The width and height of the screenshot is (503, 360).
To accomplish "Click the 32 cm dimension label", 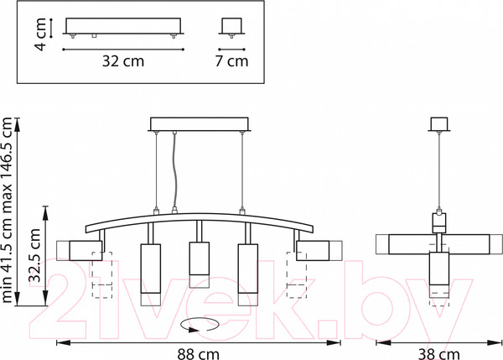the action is tap(123, 61).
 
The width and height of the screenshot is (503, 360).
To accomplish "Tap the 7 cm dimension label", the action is tap(231, 61).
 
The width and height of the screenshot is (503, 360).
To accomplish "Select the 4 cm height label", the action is tap(41, 34).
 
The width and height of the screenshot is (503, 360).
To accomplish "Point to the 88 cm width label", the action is tap(198, 354).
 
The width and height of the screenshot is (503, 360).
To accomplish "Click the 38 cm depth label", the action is tap(438, 354).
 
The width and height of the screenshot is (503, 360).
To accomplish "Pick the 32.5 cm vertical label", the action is tap(34, 255).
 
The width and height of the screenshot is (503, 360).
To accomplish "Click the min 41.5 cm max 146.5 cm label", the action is tap(7, 210).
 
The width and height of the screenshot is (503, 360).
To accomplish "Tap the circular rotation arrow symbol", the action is tap(200, 325).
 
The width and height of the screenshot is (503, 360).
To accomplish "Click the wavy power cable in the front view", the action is tap(175, 170).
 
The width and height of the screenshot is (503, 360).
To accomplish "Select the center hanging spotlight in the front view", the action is tap(200, 264).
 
